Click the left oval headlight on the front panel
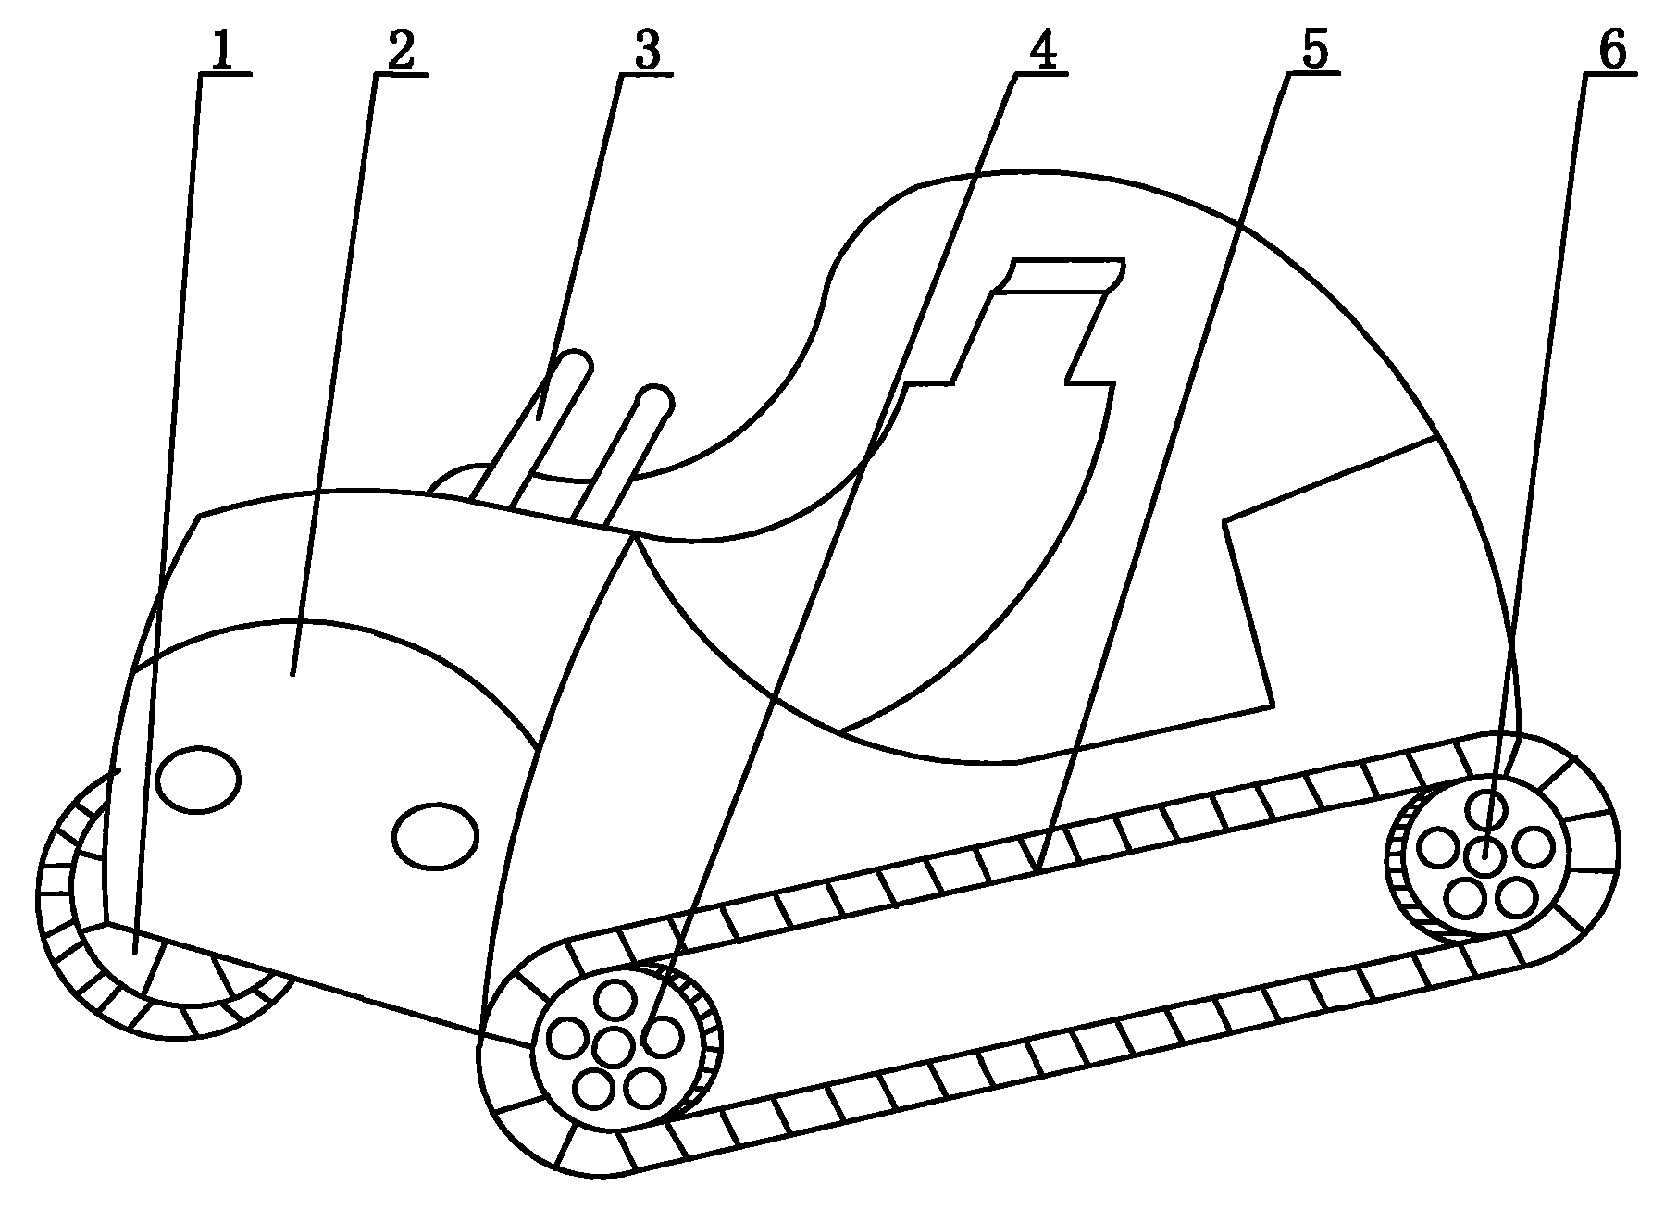(199, 778)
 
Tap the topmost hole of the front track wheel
(615, 1001)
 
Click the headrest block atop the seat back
(1057, 277)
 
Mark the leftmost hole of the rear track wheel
(1437, 849)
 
